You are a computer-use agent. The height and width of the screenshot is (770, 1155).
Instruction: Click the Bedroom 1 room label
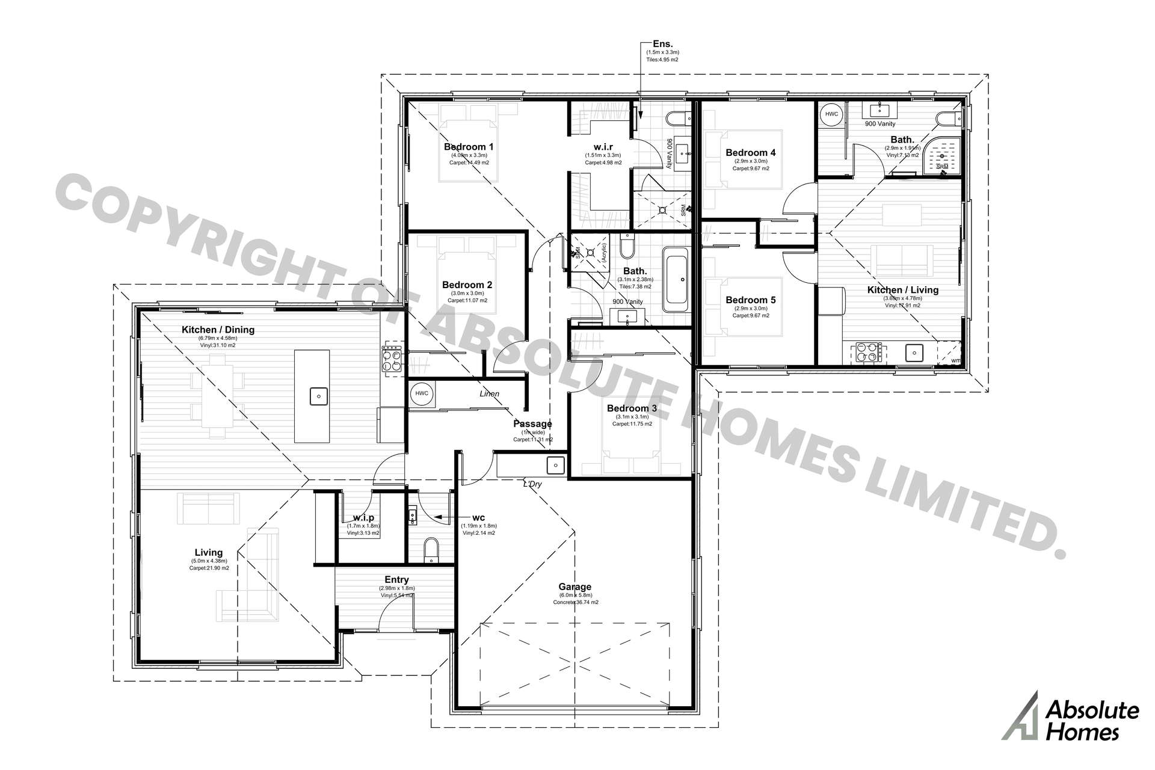click(469, 147)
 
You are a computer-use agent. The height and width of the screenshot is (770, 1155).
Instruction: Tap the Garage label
click(574, 587)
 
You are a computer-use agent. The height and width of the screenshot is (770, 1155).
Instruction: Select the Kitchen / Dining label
click(218, 330)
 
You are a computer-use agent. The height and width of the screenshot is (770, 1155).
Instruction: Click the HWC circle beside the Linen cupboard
click(422, 393)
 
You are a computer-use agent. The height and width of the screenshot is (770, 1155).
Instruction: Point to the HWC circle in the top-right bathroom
click(831, 114)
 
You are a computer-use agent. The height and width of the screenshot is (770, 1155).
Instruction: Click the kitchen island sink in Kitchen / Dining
click(318, 396)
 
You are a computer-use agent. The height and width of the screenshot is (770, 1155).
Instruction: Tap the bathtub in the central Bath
click(676, 279)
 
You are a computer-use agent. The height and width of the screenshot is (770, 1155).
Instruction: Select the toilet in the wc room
click(431, 549)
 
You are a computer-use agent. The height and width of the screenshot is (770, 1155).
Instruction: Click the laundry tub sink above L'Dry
click(555, 465)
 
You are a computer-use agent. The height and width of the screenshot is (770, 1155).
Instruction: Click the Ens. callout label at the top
click(662, 44)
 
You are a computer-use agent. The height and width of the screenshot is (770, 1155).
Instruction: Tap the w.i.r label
click(603, 147)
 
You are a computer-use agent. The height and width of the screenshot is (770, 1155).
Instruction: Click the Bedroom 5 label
click(750, 300)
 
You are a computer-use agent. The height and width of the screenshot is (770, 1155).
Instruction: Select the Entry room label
click(396, 580)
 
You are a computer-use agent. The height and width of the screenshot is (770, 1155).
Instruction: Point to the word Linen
click(489, 394)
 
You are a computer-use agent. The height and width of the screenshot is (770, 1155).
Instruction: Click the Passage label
click(532, 423)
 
